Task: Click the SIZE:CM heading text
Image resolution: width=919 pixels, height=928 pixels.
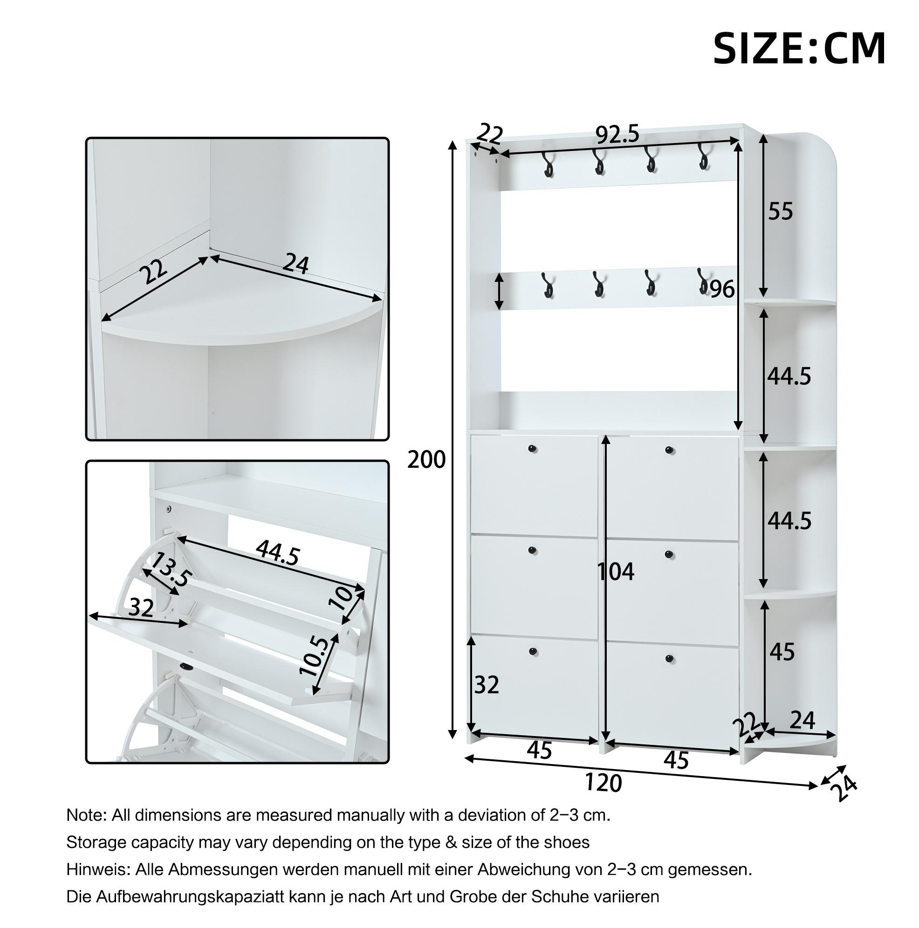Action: [799, 48]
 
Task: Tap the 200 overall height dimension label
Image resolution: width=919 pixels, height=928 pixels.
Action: [426, 460]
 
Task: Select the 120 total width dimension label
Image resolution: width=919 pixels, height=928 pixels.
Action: [604, 783]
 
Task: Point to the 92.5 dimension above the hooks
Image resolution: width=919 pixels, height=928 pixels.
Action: [618, 135]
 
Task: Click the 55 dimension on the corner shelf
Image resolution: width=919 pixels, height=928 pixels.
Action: [780, 212]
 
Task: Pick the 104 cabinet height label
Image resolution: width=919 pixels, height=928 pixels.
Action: [616, 572]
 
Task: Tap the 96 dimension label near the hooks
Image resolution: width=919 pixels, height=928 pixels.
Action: [722, 289]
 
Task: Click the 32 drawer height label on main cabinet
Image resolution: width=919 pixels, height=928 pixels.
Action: [487, 685]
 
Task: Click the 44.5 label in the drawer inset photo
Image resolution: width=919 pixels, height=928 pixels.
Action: [278, 553]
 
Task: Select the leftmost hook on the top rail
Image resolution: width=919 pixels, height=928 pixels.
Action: [548, 165]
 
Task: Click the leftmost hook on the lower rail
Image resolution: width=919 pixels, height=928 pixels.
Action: [548, 285]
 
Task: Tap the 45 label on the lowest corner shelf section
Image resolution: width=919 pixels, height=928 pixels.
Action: [782, 652]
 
